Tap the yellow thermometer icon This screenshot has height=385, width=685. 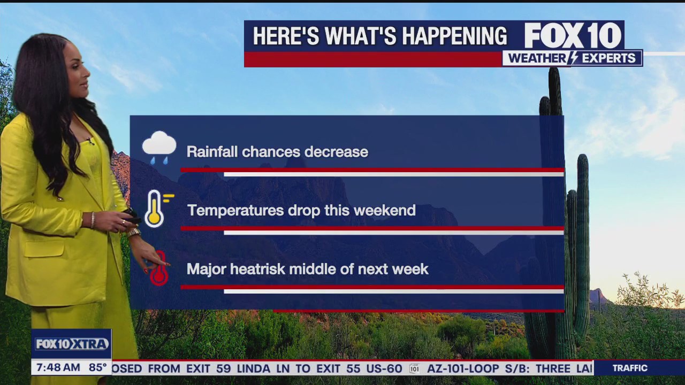pos(155,209)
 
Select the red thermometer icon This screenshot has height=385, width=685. pos(159,269)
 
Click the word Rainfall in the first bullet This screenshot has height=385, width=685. pos(212,152)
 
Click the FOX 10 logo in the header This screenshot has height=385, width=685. pos(572,36)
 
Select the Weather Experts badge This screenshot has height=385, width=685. pos(572,58)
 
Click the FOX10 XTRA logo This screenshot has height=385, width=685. pos(71,344)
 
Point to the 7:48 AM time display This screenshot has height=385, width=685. pos(56,368)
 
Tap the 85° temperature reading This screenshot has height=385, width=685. pos(98,368)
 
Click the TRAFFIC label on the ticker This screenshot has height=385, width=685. pos(630,368)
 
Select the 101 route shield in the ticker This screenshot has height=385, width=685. pos(414,368)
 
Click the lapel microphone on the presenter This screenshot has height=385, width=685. pos(90,141)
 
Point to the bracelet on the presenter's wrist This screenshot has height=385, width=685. pos(93,219)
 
